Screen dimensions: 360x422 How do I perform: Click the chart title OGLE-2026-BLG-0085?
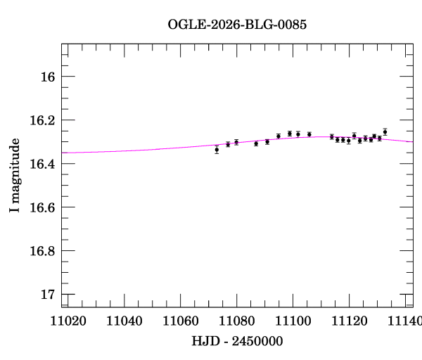[237, 25]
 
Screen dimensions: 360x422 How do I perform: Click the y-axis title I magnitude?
[15, 176]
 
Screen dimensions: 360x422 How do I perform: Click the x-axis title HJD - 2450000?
[237, 342]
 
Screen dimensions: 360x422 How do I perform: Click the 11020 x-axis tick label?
[70, 321]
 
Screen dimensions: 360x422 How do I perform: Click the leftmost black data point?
[217, 150]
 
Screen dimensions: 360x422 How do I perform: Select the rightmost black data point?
[385, 131]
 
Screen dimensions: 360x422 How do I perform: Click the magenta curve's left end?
[63, 152]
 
